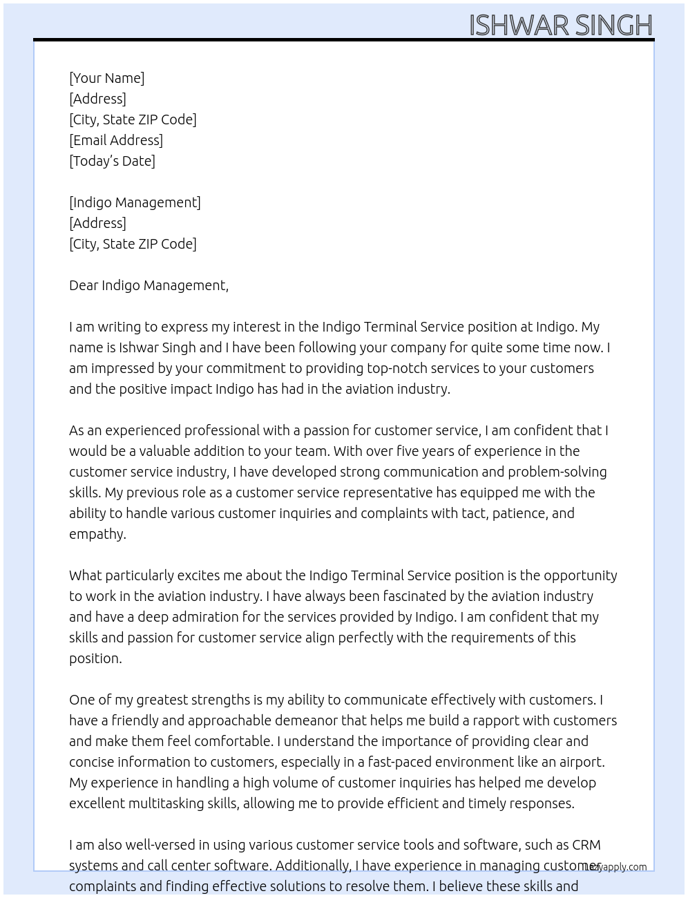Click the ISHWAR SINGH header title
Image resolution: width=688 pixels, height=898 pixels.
tap(560, 26)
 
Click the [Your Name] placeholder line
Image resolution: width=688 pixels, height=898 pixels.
tap(107, 78)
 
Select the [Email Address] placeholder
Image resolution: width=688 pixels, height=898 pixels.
tap(116, 140)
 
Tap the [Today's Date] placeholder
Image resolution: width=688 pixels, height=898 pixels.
tap(112, 161)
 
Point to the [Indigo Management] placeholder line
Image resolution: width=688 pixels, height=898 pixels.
tap(135, 202)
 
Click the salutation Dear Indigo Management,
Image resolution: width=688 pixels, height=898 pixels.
tap(149, 285)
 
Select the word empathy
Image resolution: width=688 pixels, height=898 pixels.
tap(96, 534)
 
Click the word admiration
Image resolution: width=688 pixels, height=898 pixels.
tap(182, 617)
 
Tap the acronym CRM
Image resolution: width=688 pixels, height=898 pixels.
tap(586, 845)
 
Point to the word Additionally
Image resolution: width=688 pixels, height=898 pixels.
tap(314, 866)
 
